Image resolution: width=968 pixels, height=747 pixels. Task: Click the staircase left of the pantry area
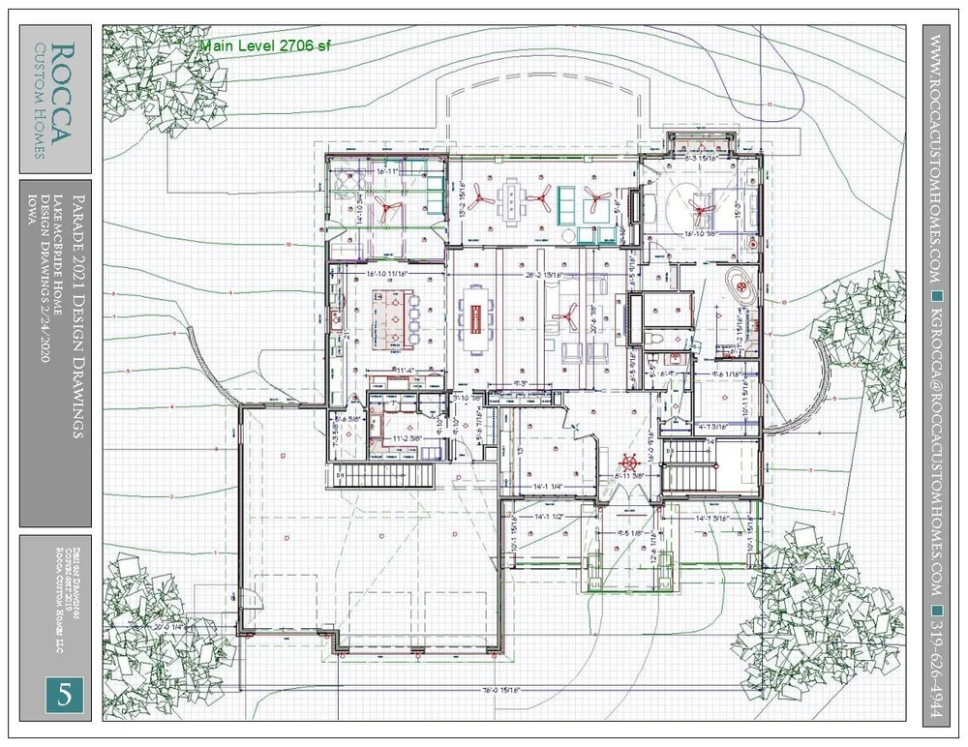click(x=385, y=477)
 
